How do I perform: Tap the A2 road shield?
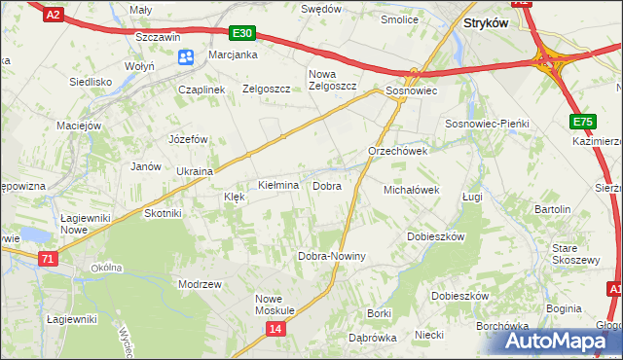click(x=55, y=14)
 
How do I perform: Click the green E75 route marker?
click(x=583, y=121)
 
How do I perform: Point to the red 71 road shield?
click(x=49, y=258)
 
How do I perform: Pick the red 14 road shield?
click(x=276, y=331)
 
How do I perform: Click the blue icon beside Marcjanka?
click(x=186, y=57)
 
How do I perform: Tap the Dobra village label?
click(x=326, y=185)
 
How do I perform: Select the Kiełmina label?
click(x=277, y=185)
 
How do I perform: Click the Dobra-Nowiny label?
click(x=331, y=256)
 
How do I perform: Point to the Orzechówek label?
click(x=397, y=152)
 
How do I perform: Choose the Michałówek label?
click(x=413, y=190)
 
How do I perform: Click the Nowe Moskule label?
click(x=275, y=305)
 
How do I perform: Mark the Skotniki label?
click(x=163, y=213)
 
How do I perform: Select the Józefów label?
click(x=189, y=139)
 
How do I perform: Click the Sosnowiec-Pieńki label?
click(x=486, y=125)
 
